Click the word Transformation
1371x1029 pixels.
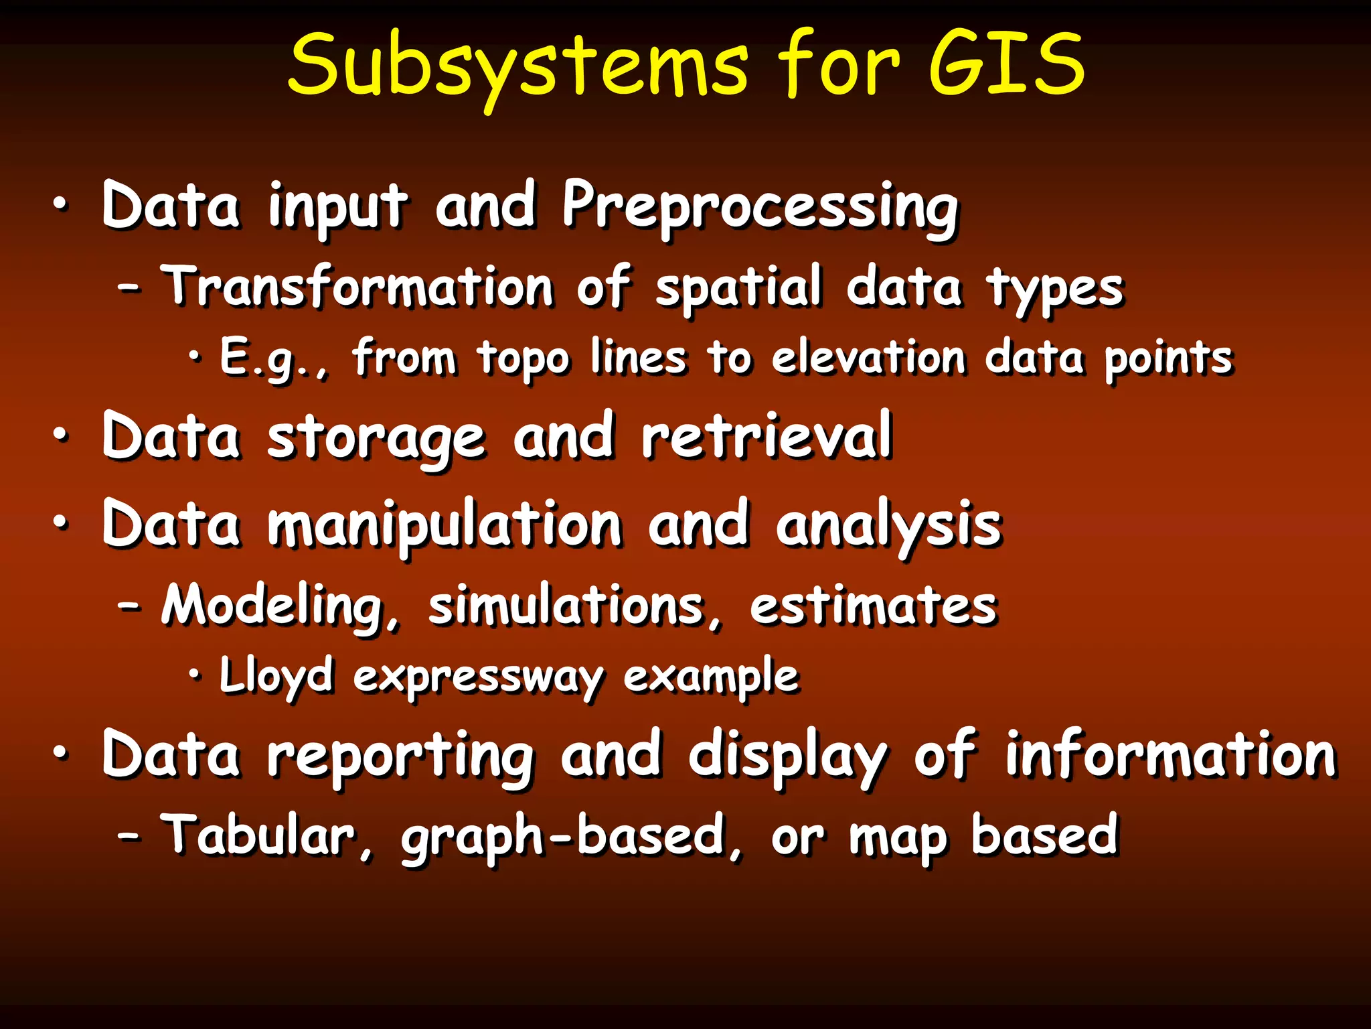(x=358, y=286)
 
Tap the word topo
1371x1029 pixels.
(x=523, y=359)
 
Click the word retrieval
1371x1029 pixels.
(x=767, y=437)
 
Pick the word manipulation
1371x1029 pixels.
(x=445, y=526)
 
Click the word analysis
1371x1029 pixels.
(x=889, y=526)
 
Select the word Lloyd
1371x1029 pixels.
(x=276, y=677)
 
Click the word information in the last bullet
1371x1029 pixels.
(x=1171, y=756)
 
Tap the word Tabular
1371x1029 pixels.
(x=265, y=836)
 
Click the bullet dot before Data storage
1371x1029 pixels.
(x=61, y=436)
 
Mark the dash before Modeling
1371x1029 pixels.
(x=129, y=606)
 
